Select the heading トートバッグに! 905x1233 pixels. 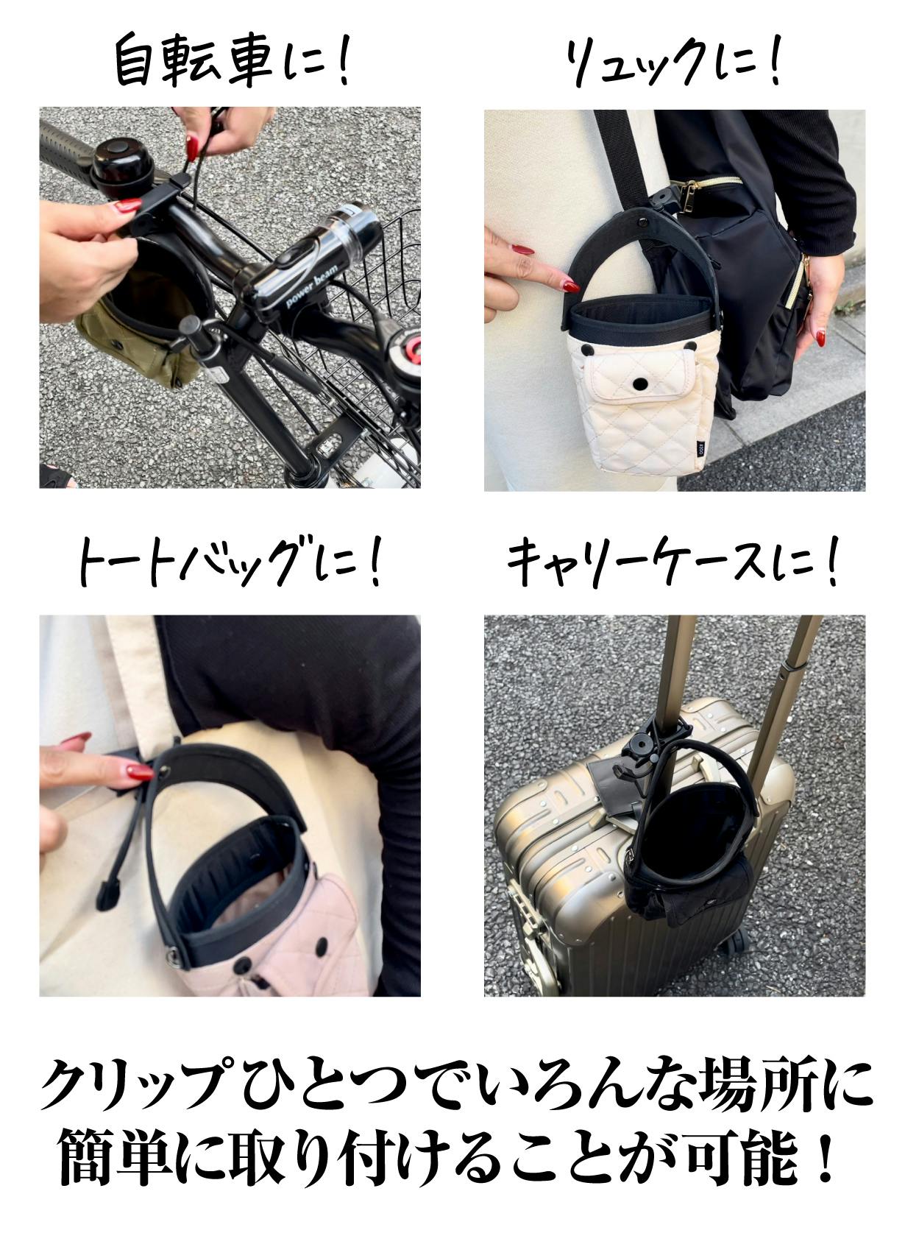click(230, 561)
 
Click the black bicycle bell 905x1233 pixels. click(117, 166)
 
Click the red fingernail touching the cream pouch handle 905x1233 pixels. click(570, 286)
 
